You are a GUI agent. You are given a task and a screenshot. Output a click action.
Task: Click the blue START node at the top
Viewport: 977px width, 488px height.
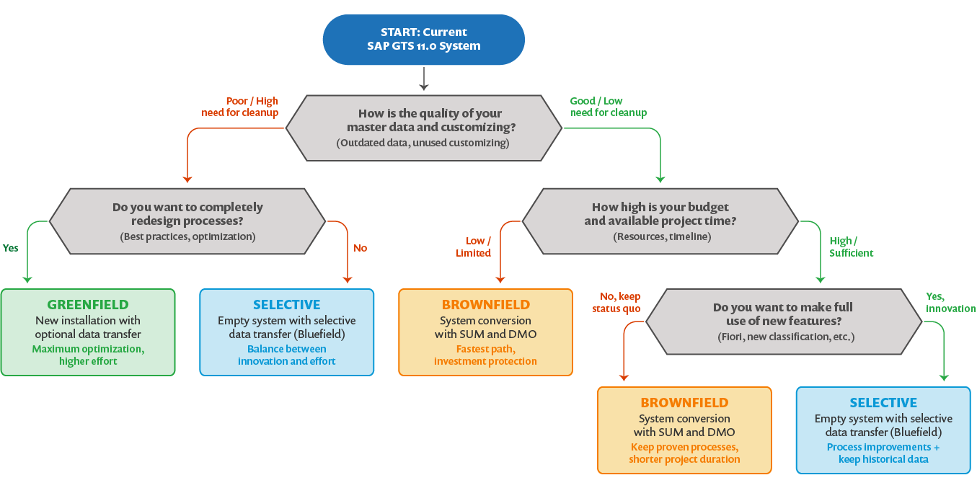423,39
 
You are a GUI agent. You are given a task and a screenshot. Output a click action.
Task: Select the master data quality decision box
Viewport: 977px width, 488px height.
423,128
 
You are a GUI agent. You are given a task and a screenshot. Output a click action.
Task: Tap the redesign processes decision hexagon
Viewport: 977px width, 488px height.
187,221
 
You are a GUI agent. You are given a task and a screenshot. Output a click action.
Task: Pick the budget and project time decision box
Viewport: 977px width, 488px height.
660,221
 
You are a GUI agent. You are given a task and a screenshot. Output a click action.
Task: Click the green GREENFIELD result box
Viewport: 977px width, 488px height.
88,332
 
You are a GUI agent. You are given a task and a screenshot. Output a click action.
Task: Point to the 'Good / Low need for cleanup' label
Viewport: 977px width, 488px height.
608,107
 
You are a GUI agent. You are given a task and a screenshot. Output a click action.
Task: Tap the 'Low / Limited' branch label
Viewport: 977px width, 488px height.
474,247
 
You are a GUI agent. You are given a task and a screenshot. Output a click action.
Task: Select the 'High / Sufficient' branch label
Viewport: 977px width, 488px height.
851,247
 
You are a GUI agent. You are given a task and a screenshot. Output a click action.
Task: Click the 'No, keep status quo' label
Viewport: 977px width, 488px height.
620,303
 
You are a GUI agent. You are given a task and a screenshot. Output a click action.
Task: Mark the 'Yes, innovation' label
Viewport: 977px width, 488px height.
950,303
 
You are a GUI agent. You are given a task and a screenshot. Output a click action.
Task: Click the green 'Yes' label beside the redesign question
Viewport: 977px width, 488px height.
10,248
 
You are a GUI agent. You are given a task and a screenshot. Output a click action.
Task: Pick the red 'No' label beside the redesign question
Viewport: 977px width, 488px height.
360,248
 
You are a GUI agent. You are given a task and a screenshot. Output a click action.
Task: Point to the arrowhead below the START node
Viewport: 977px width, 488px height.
423,86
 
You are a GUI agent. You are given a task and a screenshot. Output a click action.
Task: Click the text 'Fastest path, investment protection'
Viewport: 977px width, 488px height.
485,355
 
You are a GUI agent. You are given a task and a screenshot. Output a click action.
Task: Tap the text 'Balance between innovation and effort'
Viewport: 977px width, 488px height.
286,355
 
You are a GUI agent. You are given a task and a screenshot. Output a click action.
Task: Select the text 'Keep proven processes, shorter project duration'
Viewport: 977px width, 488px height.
684,453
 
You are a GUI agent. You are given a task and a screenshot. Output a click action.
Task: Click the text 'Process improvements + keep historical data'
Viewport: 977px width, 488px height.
883,453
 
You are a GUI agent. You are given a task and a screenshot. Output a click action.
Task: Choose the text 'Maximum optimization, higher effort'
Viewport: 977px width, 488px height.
88,355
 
